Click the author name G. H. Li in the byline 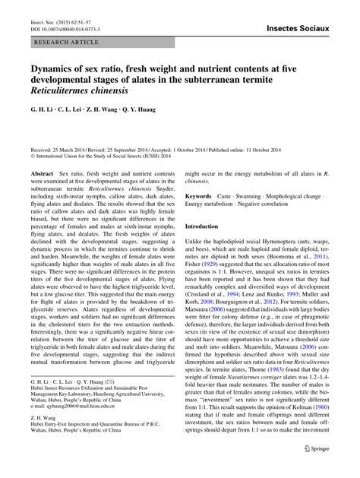click(43, 119)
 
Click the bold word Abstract click(42, 175)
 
